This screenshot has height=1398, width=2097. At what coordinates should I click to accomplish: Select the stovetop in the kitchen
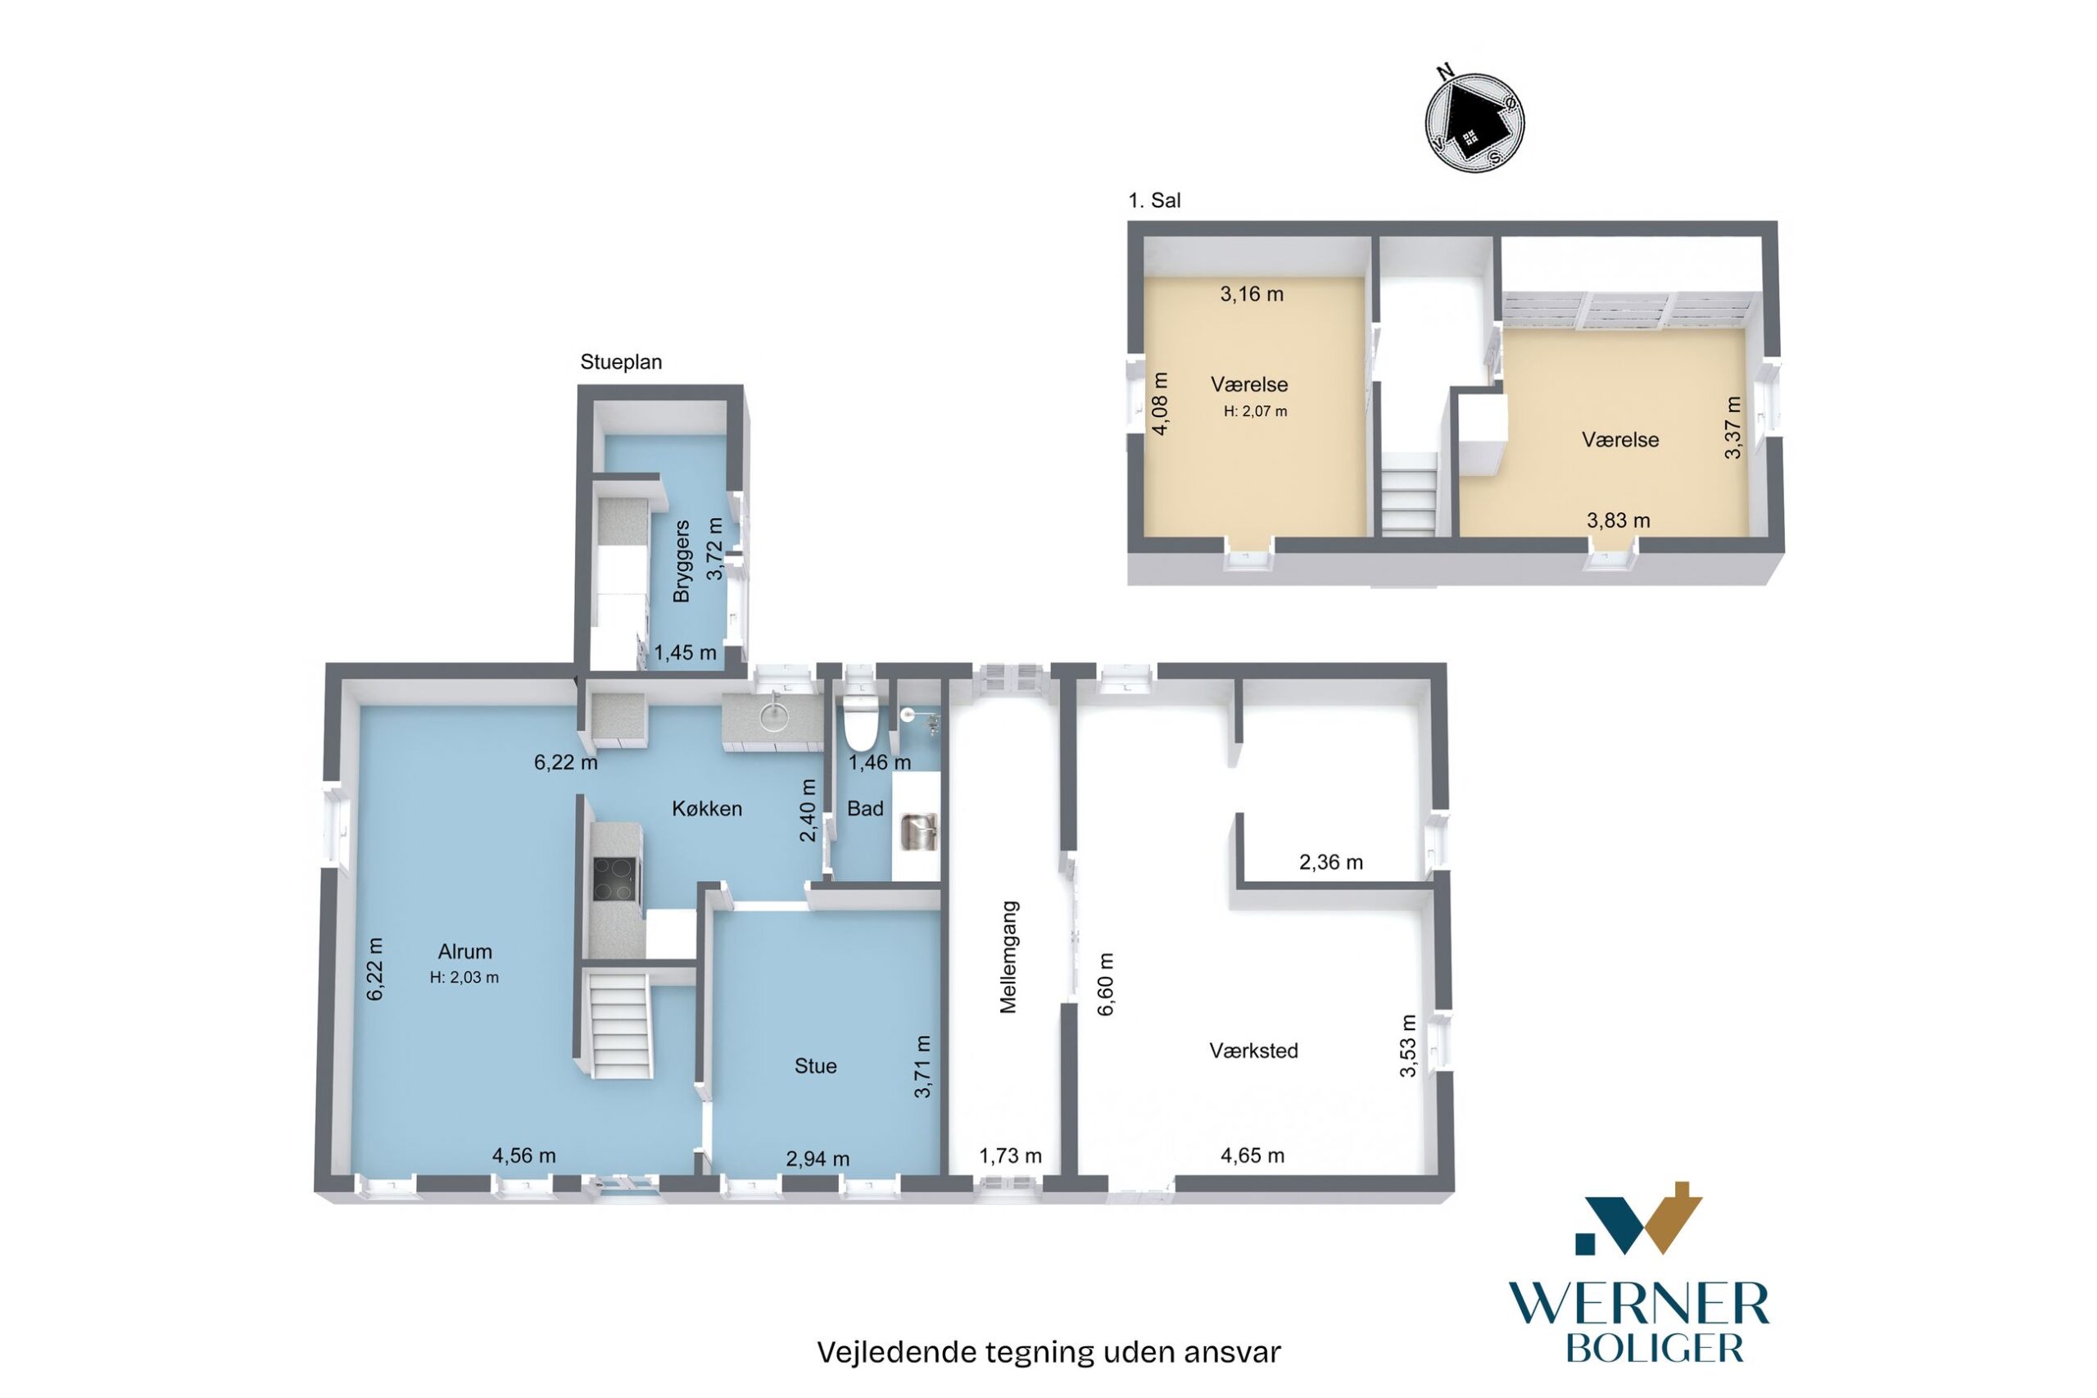tap(614, 878)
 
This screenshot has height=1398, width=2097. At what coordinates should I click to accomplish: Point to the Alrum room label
tap(464, 951)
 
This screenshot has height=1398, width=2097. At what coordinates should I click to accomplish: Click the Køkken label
tap(706, 808)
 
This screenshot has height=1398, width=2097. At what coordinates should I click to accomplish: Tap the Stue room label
tap(814, 1065)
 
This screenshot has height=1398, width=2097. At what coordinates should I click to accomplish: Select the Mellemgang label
tap(1008, 956)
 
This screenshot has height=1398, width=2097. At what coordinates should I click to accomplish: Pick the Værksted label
tap(1253, 1051)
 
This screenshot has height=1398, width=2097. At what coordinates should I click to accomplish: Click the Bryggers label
tap(682, 561)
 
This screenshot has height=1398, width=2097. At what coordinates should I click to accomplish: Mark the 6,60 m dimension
tap(1105, 984)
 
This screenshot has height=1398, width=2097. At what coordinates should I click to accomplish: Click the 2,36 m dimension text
tap(1330, 861)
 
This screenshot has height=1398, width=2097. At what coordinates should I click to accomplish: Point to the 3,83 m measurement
tap(1618, 520)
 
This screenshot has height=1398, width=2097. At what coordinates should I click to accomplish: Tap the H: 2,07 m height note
tap(1255, 411)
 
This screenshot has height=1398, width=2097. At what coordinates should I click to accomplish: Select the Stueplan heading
tap(620, 362)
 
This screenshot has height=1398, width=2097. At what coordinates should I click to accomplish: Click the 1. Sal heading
tap(1154, 201)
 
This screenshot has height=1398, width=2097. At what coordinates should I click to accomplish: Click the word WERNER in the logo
tap(1638, 1305)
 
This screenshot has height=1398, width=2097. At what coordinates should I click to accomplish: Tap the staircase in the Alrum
tap(620, 1025)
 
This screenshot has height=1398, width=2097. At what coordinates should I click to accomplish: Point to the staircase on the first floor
tap(1409, 493)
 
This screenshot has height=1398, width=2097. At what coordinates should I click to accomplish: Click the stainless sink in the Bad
tap(919, 831)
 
